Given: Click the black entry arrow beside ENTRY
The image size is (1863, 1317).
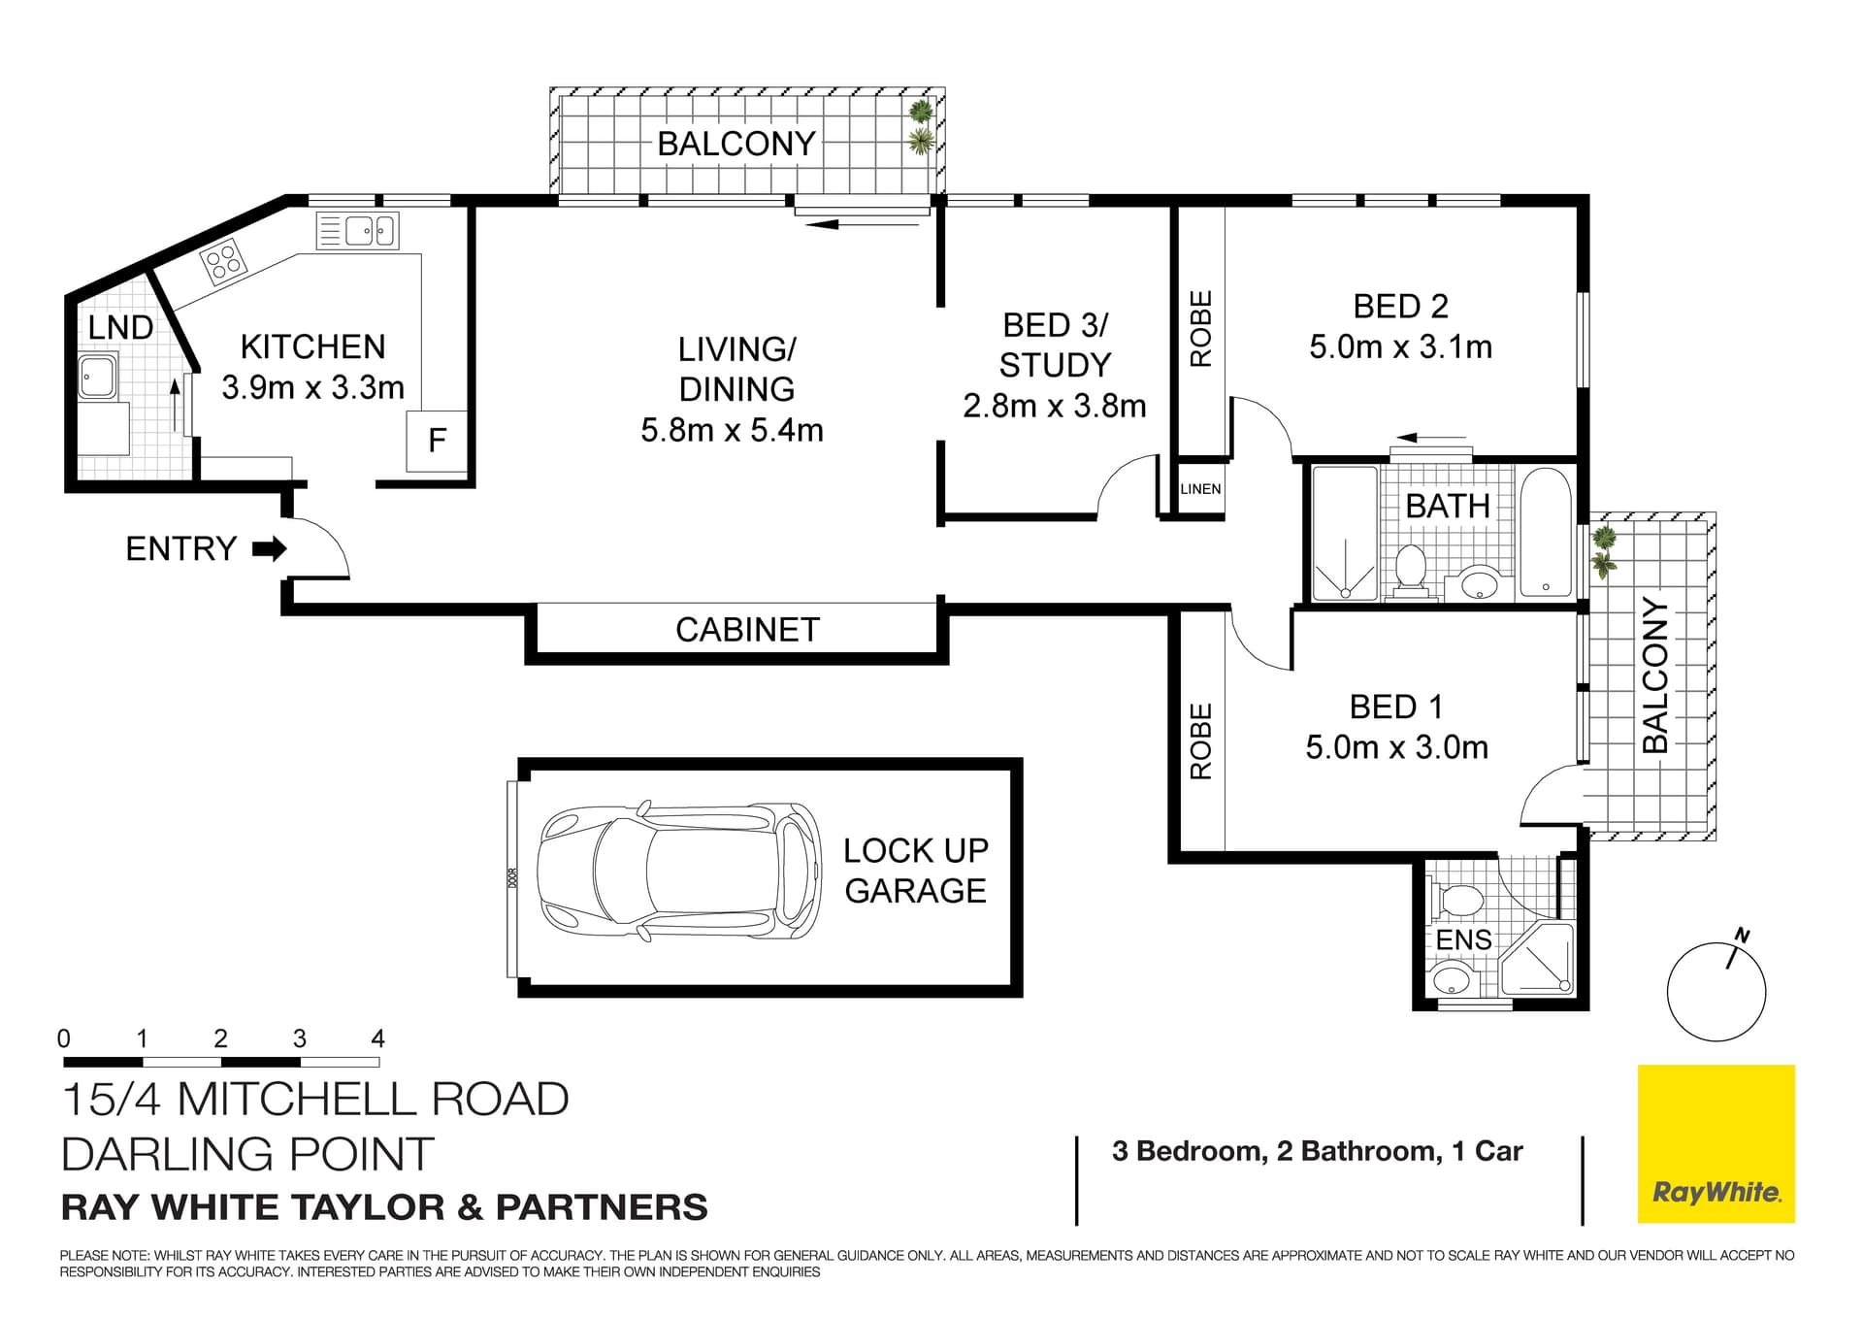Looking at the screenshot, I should click(270, 549).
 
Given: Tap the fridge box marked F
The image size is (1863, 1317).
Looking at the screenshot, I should click(437, 442).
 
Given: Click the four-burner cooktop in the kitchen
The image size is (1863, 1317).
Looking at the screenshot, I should click(223, 261).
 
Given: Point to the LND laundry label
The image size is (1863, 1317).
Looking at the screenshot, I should click(120, 328).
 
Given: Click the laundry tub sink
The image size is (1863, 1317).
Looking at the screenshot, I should click(97, 377).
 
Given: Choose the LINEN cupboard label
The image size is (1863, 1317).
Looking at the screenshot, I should click(1200, 489).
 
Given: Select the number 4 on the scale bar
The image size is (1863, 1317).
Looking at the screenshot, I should click(377, 1038).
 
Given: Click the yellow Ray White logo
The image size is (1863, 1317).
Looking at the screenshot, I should click(1716, 1143).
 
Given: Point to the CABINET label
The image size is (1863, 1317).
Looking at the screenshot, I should click(747, 630).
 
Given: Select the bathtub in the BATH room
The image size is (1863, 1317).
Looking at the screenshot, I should click(1546, 533).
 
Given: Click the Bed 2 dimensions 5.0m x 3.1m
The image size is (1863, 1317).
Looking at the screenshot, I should click(1400, 347).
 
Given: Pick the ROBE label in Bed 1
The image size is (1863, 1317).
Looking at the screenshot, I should click(1201, 742).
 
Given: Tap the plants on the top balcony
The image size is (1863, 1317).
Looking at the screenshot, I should click(920, 127).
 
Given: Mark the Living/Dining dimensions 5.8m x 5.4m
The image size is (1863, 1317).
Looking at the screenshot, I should click(732, 430).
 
